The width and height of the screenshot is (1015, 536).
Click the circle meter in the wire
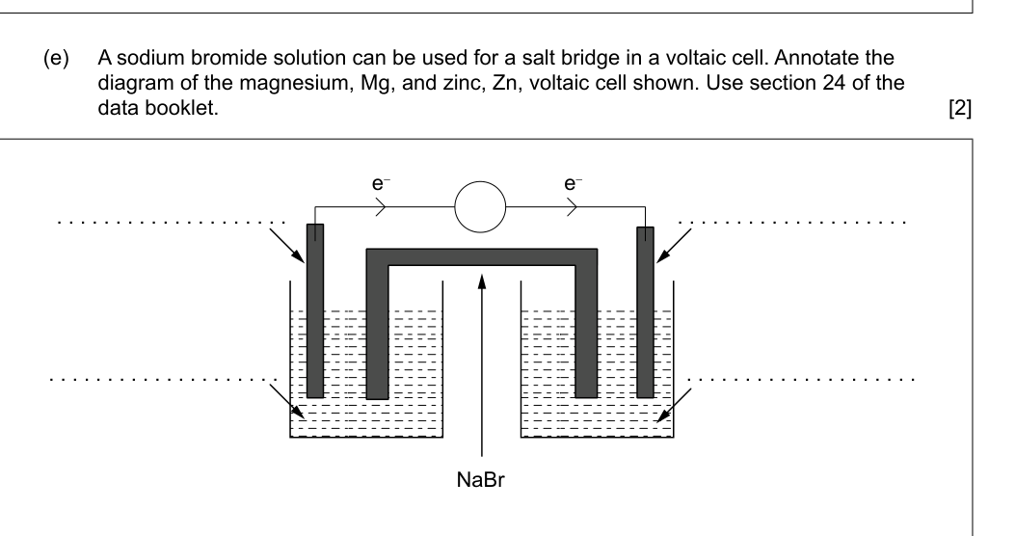click(480, 206)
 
